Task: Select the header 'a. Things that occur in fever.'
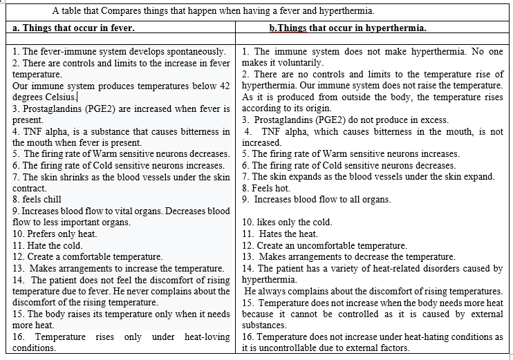pyautogui.click(x=73, y=28)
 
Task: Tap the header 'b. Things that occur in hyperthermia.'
pyautogui.click(x=348, y=28)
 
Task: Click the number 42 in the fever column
pyautogui.click(x=223, y=86)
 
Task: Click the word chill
pyautogui.click(x=51, y=199)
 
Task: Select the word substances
pyautogui.click(x=264, y=325)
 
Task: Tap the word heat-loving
pyautogui.click(x=207, y=337)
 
